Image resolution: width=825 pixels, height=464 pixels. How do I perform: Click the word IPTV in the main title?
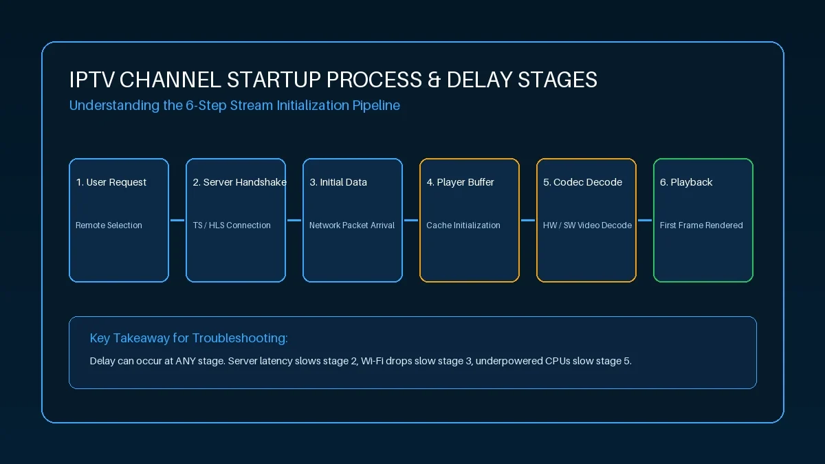(x=91, y=80)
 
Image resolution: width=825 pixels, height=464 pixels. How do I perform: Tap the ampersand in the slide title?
(x=434, y=80)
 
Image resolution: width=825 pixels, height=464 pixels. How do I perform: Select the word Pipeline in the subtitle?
(x=376, y=106)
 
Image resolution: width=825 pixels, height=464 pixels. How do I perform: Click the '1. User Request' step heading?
(x=111, y=182)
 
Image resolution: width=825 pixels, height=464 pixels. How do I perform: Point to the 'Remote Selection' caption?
(x=109, y=225)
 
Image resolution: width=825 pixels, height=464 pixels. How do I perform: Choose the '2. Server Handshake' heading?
(x=239, y=182)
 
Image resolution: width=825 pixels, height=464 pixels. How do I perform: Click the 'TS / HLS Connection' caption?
(x=232, y=225)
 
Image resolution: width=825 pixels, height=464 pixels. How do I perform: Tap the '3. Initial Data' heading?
(x=338, y=182)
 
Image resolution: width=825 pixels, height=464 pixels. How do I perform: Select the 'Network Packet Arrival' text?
(x=352, y=225)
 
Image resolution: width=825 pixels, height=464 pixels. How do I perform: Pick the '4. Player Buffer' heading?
(x=460, y=182)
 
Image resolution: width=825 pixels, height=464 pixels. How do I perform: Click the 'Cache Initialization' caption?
(x=463, y=225)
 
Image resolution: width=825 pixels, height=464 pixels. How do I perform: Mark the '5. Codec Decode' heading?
(x=583, y=182)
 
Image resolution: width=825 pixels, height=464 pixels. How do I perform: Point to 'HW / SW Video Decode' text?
(x=587, y=225)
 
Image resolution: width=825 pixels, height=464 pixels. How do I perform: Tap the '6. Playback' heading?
(x=686, y=182)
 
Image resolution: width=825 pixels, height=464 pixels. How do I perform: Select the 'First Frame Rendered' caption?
(x=701, y=225)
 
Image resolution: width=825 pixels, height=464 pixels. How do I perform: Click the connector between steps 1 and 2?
(x=177, y=220)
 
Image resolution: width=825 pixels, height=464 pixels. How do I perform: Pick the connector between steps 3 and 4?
(x=411, y=220)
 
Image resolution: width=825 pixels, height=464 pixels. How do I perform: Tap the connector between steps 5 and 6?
(x=645, y=220)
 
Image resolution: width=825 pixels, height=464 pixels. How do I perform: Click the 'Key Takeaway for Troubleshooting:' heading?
(x=188, y=338)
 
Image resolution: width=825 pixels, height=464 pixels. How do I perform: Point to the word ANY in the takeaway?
(x=185, y=361)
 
